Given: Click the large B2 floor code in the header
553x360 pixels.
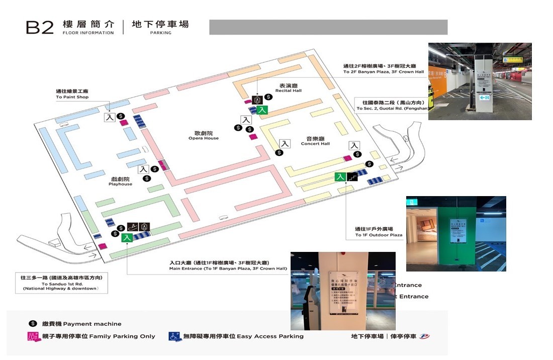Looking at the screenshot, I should coord(40,27).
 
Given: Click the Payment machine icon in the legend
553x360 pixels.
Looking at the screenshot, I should coord(33,324).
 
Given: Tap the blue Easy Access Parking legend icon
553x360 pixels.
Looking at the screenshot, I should coord(174,336).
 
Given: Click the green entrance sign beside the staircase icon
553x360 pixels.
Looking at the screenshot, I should coord(340,176).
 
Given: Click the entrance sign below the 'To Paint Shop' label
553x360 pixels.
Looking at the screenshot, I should coord(110,117).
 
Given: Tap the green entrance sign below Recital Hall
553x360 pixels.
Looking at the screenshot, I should coord(262,110).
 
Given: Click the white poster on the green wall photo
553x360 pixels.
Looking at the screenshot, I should coord(460,231).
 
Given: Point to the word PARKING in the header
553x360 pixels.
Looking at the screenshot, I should coord(160,33).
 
